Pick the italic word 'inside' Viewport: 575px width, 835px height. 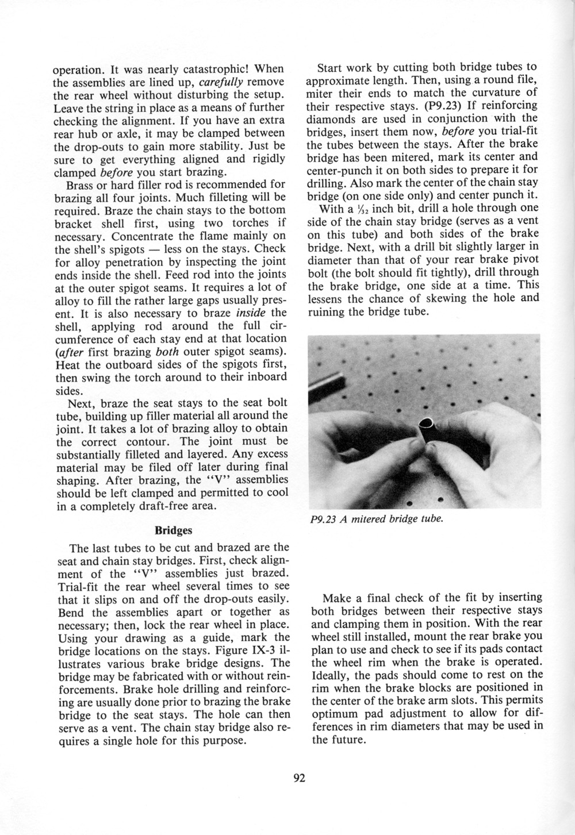point(251,312)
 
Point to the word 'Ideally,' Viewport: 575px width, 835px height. point(331,674)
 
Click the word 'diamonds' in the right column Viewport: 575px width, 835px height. point(332,118)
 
